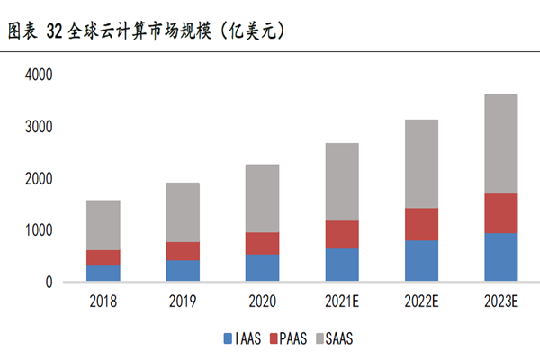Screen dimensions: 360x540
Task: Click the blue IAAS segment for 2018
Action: pyautogui.click(x=103, y=273)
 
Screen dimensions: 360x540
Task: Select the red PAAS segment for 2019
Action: pyautogui.click(x=182, y=251)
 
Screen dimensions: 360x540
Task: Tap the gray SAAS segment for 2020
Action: pyautogui.click(x=261, y=198)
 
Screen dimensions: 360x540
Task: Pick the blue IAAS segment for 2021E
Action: pyautogui.click(x=341, y=265)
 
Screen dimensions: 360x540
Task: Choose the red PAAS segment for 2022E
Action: pyautogui.click(x=420, y=224)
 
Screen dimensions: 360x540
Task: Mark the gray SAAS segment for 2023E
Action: pyautogui.click(x=499, y=144)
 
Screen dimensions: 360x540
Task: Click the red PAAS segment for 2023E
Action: pyautogui.click(x=499, y=213)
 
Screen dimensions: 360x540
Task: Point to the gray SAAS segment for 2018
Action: pyautogui.click(x=103, y=225)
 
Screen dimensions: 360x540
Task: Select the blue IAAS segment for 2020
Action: pyautogui.click(x=261, y=268)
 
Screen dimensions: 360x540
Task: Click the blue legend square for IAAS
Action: pyautogui.click(x=228, y=339)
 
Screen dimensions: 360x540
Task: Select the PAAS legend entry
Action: pyautogui.click(x=286, y=339)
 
